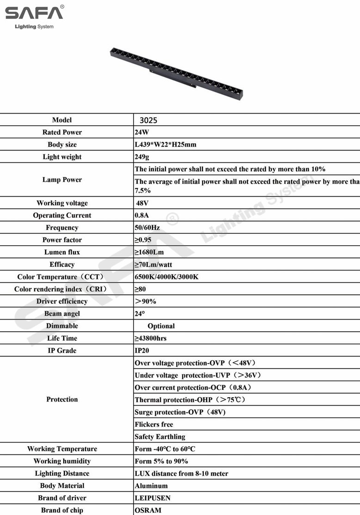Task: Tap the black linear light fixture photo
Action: (x=176, y=73)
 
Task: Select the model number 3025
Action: (x=148, y=120)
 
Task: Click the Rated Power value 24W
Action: (x=142, y=132)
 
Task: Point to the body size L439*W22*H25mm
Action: (x=165, y=145)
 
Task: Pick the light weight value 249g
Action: (x=143, y=157)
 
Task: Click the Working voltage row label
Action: (x=62, y=203)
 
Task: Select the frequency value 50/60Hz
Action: (x=147, y=228)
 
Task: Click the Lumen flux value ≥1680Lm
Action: (x=149, y=252)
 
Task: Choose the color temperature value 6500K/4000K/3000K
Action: (x=166, y=277)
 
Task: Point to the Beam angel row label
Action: (x=62, y=314)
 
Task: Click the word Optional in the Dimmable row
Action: (x=161, y=326)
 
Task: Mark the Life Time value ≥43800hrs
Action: (x=150, y=338)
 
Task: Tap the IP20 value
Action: (x=142, y=351)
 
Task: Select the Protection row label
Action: (x=62, y=399)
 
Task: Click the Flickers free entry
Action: (x=154, y=424)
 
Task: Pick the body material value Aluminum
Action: (x=151, y=485)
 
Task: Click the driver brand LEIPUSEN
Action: (x=153, y=498)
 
